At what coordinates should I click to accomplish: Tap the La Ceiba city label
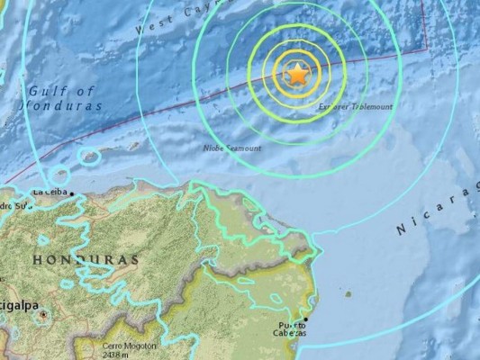click(x=50, y=191)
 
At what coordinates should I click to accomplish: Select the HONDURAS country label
click(x=86, y=259)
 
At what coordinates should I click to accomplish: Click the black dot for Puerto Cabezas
click(x=304, y=319)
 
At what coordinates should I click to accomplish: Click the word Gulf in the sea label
click(x=42, y=91)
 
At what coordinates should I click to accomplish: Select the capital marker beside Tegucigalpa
click(x=42, y=314)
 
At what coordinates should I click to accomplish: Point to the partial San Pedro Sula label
click(x=14, y=204)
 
